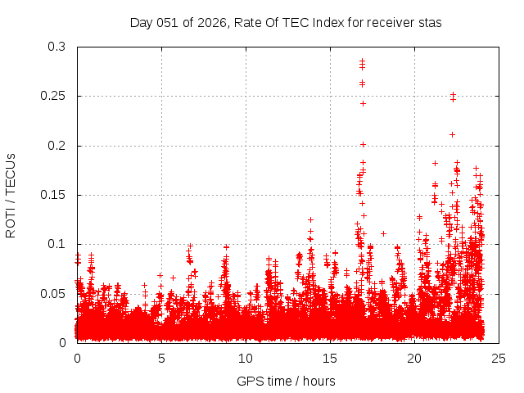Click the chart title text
click(x=286, y=22)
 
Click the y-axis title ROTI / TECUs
click(x=11, y=195)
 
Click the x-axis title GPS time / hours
click(x=286, y=381)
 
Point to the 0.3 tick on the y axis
click(x=56, y=47)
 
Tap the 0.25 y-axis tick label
click(x=53, y=97)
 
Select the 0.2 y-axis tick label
click(x=56, y=146)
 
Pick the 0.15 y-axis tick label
click(x=53, y=195)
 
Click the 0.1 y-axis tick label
click(x=56, y=244)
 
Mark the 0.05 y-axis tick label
click(x=53, y=293)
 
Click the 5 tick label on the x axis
click(x=161, y=358)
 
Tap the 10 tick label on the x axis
click(x=246, y=358)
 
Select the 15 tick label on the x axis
click(x=330, y=358)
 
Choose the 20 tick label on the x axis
click(x=414, y=358)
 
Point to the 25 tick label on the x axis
click(x=499, y=358)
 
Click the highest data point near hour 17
click(x=363, y=61)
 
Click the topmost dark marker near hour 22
click(x=453, y=94)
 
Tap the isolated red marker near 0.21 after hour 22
click(x=452, y=134)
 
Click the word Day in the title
click(x=141, y=22)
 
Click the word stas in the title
click(x=430, y=22)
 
